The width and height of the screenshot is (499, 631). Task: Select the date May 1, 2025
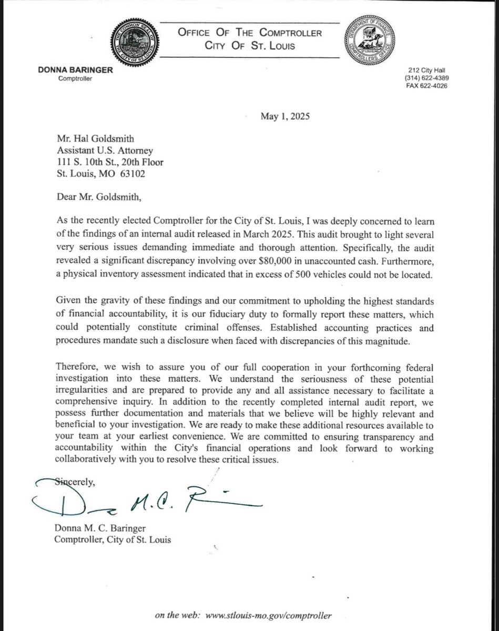pos(285,117)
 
